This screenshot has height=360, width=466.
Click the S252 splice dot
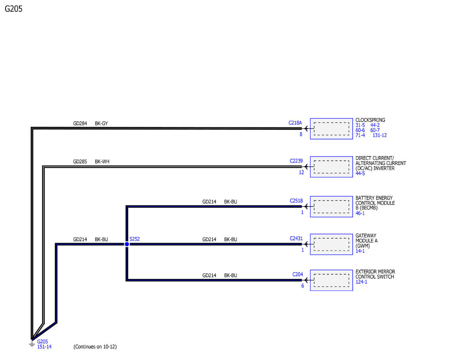click(x=127, y=244)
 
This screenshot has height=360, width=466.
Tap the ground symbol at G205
click(x=32, y=344)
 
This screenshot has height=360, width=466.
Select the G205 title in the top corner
click(x=14, y=9)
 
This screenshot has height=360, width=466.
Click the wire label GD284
click(x=80, y=123)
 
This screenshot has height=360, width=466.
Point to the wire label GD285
click(x=80, y=162)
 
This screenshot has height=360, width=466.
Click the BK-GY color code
click(x=101, y=123)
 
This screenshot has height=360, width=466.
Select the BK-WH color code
click(x=102, y=162)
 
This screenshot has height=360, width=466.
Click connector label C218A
click(x=295, y=123)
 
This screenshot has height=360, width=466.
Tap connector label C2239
click(x=296, y=161)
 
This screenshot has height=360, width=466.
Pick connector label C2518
click(x=296, y=201)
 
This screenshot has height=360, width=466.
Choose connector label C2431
click(x=296, y=239)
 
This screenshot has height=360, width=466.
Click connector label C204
click(x=297, y=275)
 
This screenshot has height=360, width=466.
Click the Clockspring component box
click(x=331, y=129)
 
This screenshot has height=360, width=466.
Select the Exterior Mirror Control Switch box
click(x=331, y=280)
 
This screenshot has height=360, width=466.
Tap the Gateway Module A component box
click(x=331, y=244)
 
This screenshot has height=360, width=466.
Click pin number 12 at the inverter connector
click(x=301, y=172)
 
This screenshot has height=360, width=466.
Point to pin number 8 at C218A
click(x=301, y=134)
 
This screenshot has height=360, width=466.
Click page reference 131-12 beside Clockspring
click(x=379, y=136)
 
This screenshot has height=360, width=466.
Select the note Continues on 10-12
click(x=95, y=347)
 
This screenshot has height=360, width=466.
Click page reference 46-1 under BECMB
click(x=360, y=213)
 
